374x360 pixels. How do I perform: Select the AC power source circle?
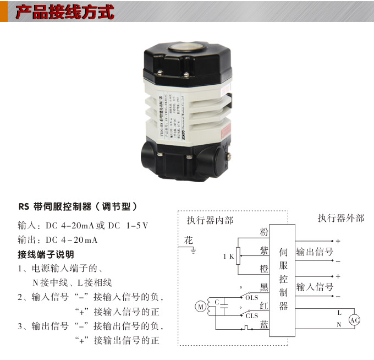tap(355, 319)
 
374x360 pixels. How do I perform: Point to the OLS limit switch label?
tap(252, 298)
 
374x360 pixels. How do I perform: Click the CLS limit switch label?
tap(252, 316)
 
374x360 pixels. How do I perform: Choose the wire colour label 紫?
tap(264, 250)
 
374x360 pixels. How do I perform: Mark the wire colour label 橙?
tap(264, 269)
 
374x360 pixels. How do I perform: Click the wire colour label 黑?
tap(264, 287)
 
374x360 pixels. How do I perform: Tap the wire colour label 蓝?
tap(264, 325)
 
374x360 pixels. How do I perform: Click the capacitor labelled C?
tap(222, 306)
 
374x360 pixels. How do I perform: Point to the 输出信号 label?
tap(315, 252)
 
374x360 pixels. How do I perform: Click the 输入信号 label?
tap(315, 287)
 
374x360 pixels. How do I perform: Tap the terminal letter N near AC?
tap(339, 325)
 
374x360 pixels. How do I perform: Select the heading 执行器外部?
tap(340, 218)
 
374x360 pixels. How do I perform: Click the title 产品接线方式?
tap(64, 12)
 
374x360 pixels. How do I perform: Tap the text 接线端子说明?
tap(46, 255)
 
